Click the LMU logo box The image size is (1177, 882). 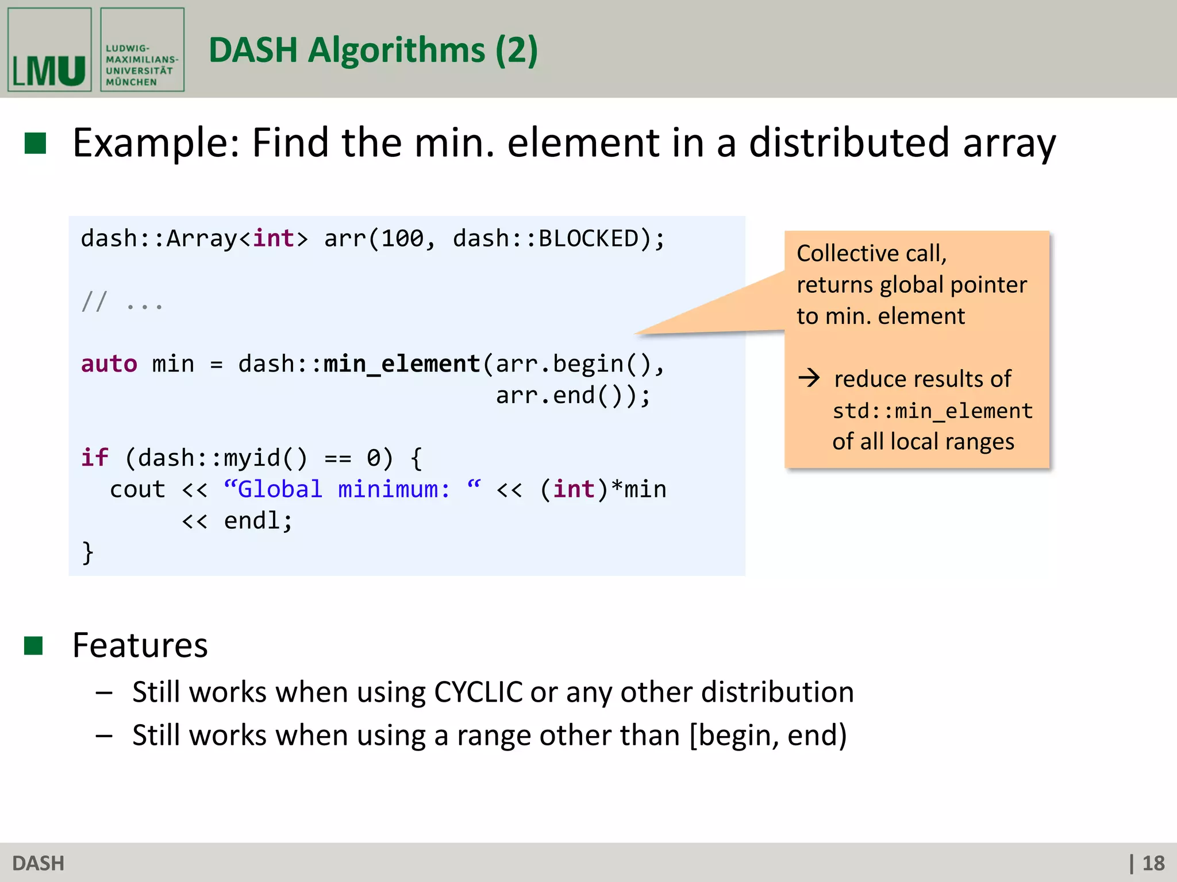[x=49, y=49]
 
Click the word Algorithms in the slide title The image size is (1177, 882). [x=397, y=51]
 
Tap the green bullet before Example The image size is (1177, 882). [x=35, y=143]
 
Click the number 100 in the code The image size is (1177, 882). [x=402, y=239]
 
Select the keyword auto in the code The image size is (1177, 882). [x=109, y=364]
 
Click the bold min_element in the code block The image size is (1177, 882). [x=402, y=364]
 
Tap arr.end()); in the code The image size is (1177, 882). [x=573, y=396]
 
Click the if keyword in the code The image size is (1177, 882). [x=94, y=458]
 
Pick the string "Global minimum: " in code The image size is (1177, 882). [x=352, y=489]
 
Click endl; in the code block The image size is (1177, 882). [x=258, y=521]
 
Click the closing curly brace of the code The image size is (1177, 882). [x=87, y=552]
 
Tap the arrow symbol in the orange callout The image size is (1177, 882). [x=809, y=378]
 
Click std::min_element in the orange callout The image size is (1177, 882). [x=932, y=411]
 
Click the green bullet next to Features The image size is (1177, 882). [x=34, y=645]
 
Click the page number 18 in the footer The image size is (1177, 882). [x=1153, y=863]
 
